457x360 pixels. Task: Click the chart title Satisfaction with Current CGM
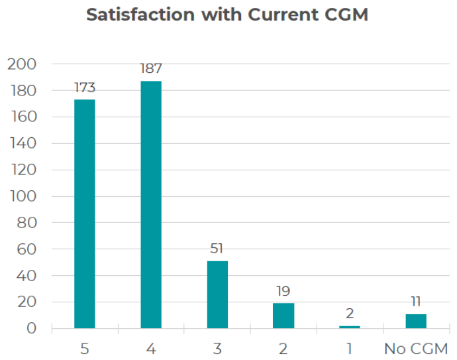[227, 15]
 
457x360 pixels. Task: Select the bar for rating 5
[85, 213]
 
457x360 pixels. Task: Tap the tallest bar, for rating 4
[151, 204]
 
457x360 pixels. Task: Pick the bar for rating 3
[217, 294]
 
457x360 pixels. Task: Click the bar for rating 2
[283, 316]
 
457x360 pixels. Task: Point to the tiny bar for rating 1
[350, 327]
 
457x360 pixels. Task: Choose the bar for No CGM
[416, 321]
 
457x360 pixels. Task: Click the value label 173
[85, 88]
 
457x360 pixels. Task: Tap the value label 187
[151, 68]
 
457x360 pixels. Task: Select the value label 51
[217, 249]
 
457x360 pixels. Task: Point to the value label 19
[283, 291]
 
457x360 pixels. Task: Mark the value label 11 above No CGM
[416, 302]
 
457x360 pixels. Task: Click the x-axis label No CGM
[416, 348]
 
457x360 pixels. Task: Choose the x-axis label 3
[217, 348]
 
